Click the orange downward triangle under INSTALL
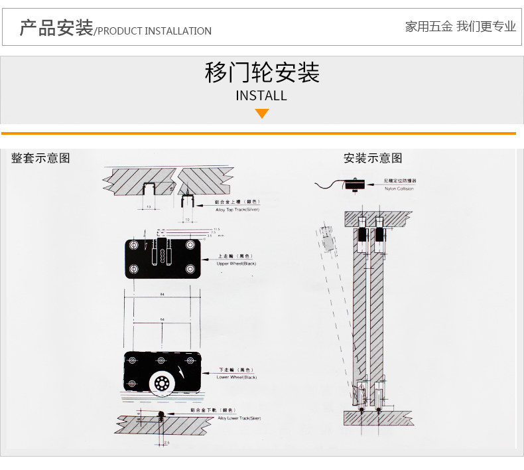pos(262,114)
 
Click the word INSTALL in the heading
pos(261,96)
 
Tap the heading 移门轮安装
pos(262,72)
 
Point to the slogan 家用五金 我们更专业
pos(460,27)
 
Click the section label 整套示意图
pos(40,158)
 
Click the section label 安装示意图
pos(373,158)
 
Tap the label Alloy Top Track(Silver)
pos(237,209)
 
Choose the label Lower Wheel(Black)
pos(237,377)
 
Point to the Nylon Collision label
pos(399,189)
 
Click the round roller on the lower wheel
pos(161,383)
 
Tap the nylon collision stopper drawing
pos(356,184)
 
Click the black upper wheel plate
pos(163,258)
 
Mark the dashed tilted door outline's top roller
pos(325,233)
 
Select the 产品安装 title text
pos(56,28)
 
